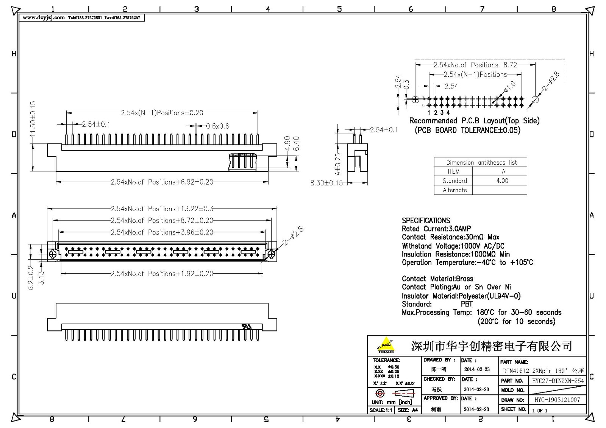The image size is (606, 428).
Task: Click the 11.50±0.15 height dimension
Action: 33,119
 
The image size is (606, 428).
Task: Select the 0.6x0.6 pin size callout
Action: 217,126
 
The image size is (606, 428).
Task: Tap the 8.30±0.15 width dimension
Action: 326,183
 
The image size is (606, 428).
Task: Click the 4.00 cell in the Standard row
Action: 502,181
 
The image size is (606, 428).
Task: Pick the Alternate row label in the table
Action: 454,190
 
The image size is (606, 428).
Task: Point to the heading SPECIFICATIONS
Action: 426,221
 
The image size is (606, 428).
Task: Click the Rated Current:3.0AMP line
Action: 436,229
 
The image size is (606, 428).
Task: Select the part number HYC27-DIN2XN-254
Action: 558,381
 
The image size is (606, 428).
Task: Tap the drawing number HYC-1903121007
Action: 557,400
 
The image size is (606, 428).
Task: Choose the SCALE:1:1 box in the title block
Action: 381,410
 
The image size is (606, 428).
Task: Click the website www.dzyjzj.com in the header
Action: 44,17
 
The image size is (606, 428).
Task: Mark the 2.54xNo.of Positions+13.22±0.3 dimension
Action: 162,209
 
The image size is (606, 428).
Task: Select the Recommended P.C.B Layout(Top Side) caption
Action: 474,121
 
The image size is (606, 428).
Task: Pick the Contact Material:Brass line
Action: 437,279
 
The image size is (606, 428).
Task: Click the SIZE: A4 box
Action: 408,410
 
